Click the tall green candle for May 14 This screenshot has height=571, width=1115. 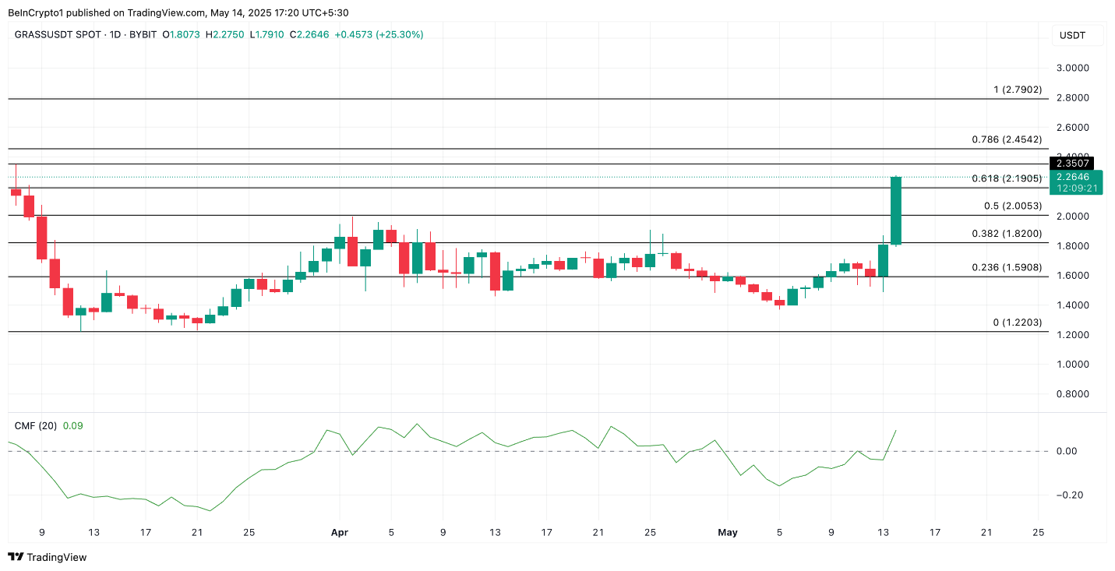tap(896, 210)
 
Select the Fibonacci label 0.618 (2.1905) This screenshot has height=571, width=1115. tap(1007, 178)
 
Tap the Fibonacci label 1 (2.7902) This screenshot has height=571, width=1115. tap(1018, 90)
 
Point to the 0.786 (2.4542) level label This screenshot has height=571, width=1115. tap(1007, 139)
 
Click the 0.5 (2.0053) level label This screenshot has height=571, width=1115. tap(1013, 206)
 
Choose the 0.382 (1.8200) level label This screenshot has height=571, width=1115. tap(1007, 234)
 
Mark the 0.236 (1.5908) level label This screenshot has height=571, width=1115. tap(1007, 267)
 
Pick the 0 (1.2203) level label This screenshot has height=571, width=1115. tap(1017, 323)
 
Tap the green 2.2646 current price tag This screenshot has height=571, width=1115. tap(1077, 177)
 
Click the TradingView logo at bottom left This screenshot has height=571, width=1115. tap(48, 557)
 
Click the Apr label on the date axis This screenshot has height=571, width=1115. tap(339, 533)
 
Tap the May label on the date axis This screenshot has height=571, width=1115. tap(727, 533)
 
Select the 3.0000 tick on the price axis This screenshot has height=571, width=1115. tap(1072, 68)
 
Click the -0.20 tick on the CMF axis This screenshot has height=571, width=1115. tap(1066, 495)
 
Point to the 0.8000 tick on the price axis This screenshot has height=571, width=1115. tap(1072, 394)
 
